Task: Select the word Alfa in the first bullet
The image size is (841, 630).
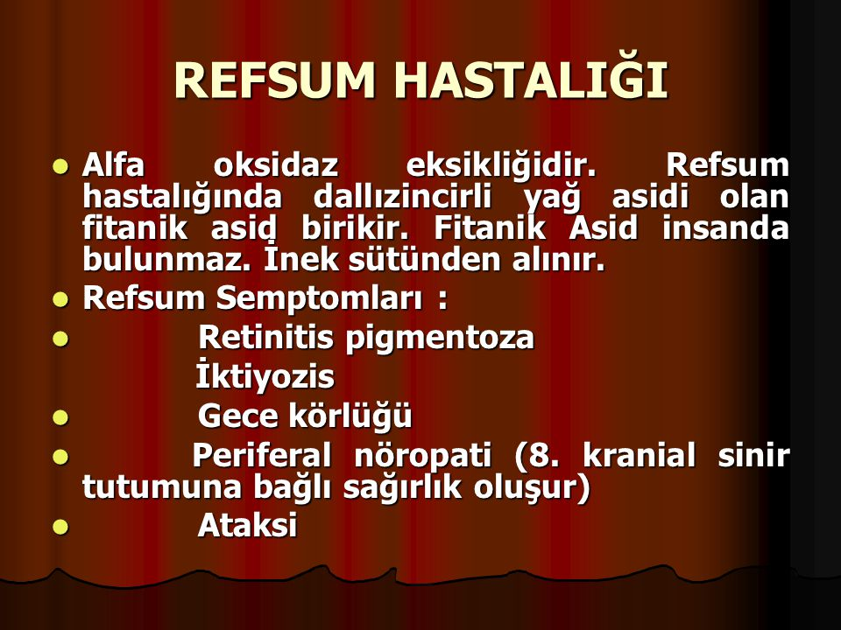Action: point(113,165)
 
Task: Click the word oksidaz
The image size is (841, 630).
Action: point(276,165)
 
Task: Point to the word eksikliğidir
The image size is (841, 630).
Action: point(501,166)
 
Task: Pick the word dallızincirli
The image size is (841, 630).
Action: point(402,197)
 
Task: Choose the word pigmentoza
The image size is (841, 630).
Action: point(440,339)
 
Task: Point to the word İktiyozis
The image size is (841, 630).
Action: point(265,375)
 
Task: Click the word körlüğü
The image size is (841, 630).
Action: point(350,416)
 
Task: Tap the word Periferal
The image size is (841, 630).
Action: point(261,455)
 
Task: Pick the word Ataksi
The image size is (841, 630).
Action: point(247,525)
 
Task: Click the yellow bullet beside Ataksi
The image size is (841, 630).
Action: point(61,527)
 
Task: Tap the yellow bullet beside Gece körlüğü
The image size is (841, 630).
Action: point(61,417)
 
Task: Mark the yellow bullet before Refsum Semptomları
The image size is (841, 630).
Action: point(61,299)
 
